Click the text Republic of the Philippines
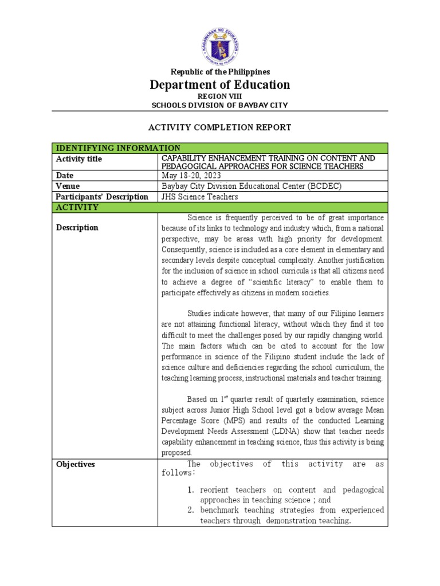(220, 72)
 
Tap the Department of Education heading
(220, 85)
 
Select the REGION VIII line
(220, 96)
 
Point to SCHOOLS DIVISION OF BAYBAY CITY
(220, 105)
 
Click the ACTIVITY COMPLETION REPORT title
(220, 128)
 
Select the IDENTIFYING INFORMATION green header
(117, 148)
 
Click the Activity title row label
(79, 159)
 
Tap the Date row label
(65, 176)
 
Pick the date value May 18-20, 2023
(190, 176)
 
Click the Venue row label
(68, 186)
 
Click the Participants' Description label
(102, 197)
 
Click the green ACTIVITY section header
(77, 207)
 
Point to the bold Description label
(77, 228)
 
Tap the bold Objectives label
(76, 465)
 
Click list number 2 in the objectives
(192, 510)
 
